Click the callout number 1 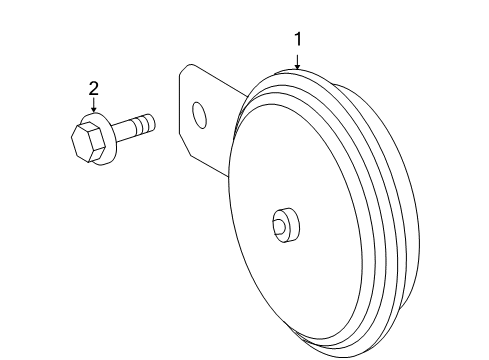[x=297, y=39]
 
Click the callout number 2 [x=93, y=89]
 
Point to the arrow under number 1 [x=297, y=61]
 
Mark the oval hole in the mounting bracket [x=200, y=115]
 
